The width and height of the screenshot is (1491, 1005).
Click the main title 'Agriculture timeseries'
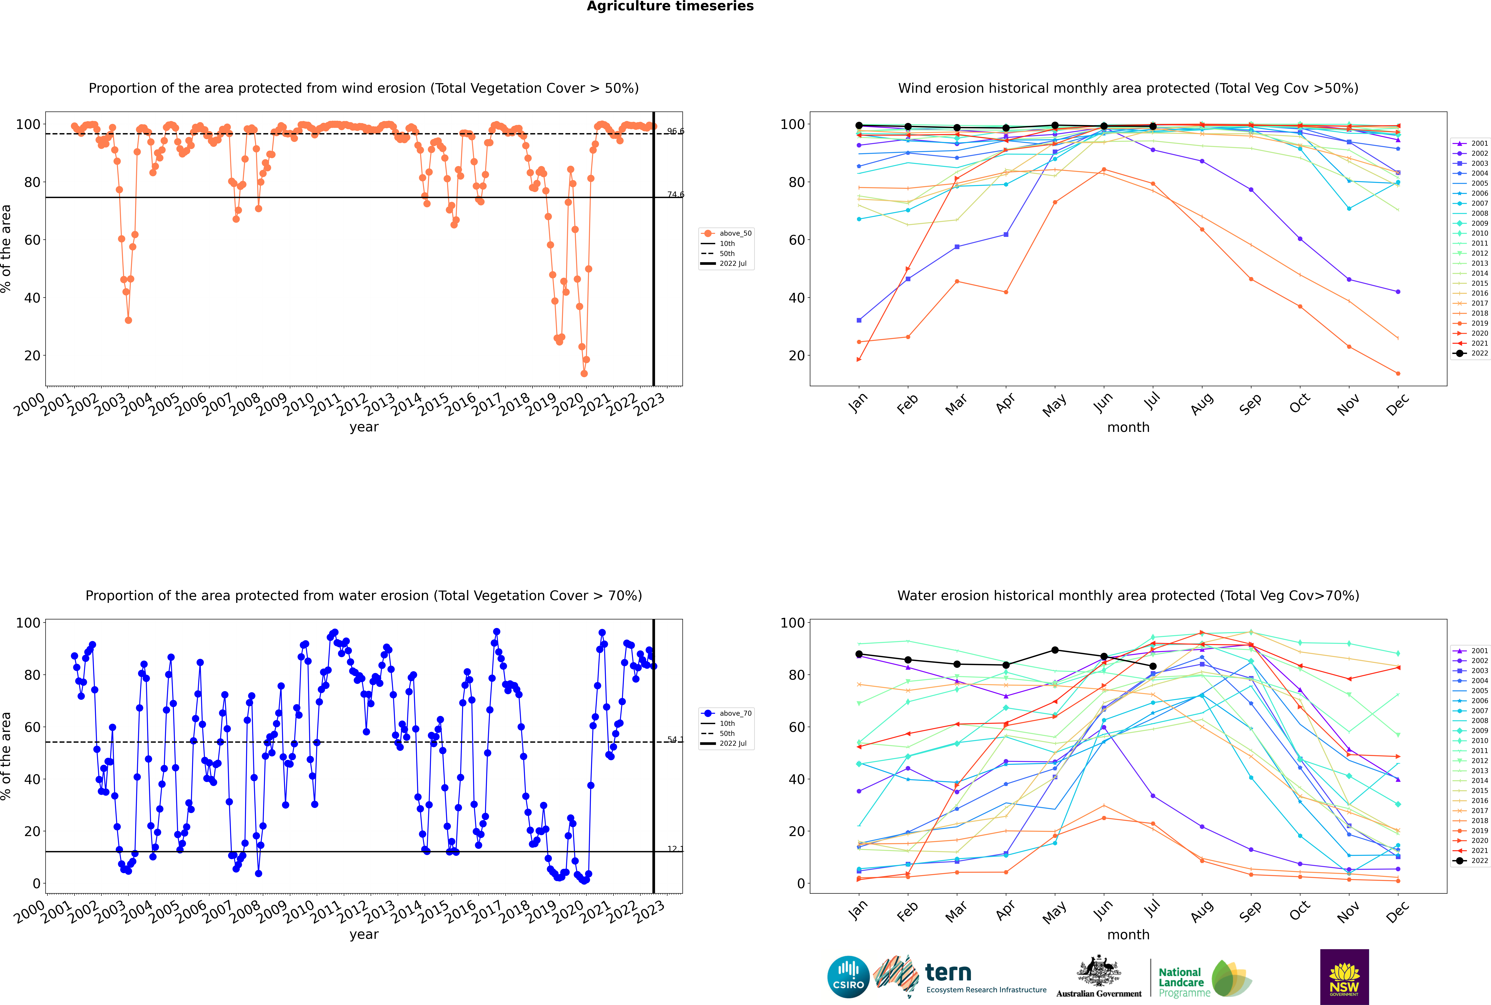pos(670,6)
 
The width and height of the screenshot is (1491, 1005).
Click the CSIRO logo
pos(848,977)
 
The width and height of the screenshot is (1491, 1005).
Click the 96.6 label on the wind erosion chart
pos(675,131)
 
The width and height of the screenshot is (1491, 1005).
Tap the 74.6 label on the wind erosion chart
pos(675,194)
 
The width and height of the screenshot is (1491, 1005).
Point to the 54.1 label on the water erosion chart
pos(675,740)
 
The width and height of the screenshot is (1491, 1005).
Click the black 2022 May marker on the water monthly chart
pos(1055,650)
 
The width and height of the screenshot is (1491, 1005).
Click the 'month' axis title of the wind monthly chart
pos(1128,428)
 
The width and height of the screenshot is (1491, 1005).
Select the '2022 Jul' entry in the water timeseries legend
pos(733,743)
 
